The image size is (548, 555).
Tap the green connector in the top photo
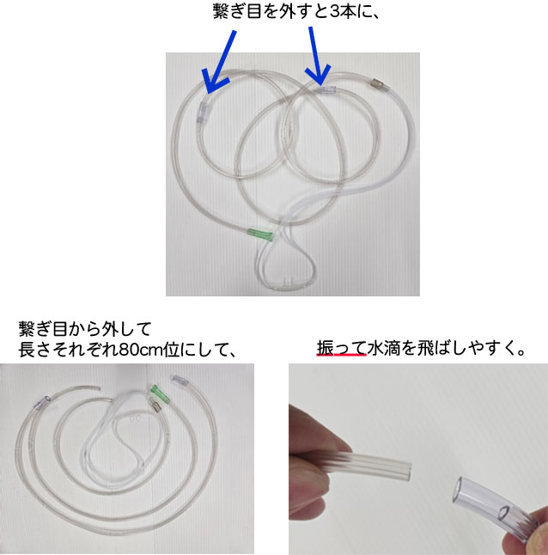[x=259, y=234]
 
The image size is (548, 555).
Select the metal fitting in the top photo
[x=375, y=84]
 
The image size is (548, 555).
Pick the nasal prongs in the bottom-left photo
[x=133, y=420]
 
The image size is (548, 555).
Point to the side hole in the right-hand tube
[x=504, y=516]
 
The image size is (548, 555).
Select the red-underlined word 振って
[x=342, y=349]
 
